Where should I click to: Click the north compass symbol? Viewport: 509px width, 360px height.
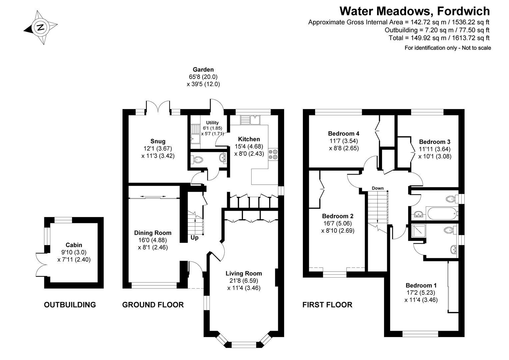41,28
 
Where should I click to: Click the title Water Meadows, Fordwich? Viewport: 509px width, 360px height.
414,11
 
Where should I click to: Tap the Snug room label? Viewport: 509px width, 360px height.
158,141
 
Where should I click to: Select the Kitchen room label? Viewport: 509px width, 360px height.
249,139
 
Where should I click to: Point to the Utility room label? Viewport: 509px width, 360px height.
213,123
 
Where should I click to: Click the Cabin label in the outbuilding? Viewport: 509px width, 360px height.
74,245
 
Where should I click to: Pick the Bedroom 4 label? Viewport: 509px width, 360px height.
343,133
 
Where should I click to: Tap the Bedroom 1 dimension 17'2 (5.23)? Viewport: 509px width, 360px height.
421,292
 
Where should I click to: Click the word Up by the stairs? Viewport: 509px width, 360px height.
195,238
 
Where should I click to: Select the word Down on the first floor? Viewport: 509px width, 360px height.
378,188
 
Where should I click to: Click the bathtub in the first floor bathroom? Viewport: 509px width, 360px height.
442,214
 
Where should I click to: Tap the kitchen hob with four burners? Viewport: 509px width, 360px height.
273,154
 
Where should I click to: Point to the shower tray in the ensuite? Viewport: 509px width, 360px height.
419,231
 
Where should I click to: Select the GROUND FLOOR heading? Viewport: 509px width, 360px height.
153,305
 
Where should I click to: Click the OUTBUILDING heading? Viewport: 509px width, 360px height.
70,305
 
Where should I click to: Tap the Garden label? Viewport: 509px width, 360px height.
203,70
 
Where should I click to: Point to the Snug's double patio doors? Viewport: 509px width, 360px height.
158,107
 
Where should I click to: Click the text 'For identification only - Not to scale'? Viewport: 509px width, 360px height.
448,48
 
